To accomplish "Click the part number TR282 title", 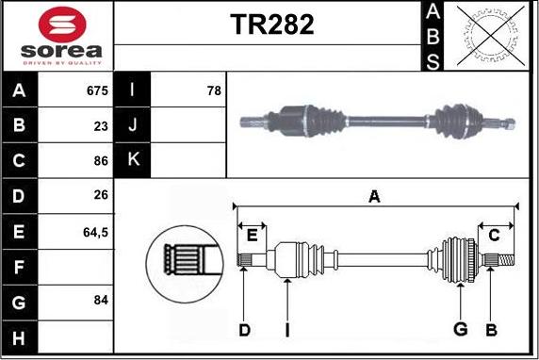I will tap(272, 25).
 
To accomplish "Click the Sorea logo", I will tap(57, 36).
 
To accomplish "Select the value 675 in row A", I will tap(98, 91).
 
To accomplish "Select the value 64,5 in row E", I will tap(96, 230).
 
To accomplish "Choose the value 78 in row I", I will tap(213, 91).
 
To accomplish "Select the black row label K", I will tap(132, 160).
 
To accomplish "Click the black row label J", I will tap(132, 125).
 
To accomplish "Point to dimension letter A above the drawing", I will tap(374, 197).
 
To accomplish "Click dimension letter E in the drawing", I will tap(252, 236).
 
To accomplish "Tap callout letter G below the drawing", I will tap(460, 329).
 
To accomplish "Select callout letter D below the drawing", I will tap(244, 329).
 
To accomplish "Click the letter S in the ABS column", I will tap(432, 61).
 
